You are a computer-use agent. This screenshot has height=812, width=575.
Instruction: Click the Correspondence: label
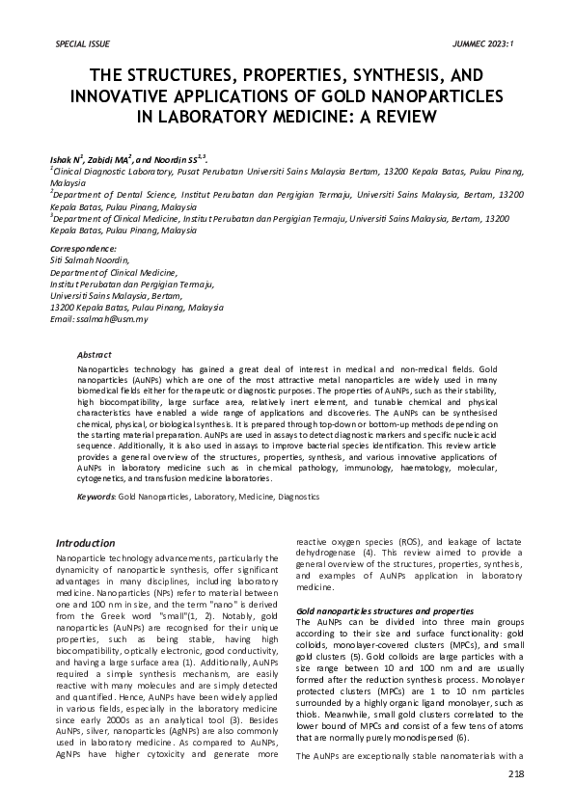(x=82, y=249)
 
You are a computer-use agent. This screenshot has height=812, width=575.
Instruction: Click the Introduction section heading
(x=85, y=543)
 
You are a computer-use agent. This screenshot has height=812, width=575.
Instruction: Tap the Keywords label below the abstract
(x=96, y=496)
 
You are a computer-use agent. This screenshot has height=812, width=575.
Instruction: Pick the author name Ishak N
(x=66, y=157)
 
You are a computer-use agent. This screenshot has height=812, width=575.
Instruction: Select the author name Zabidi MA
(x=109, y=157)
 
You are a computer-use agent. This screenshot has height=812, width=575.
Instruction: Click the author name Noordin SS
(x=175, y=157)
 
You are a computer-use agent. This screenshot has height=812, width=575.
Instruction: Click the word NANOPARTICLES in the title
(x=441, y=95)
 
